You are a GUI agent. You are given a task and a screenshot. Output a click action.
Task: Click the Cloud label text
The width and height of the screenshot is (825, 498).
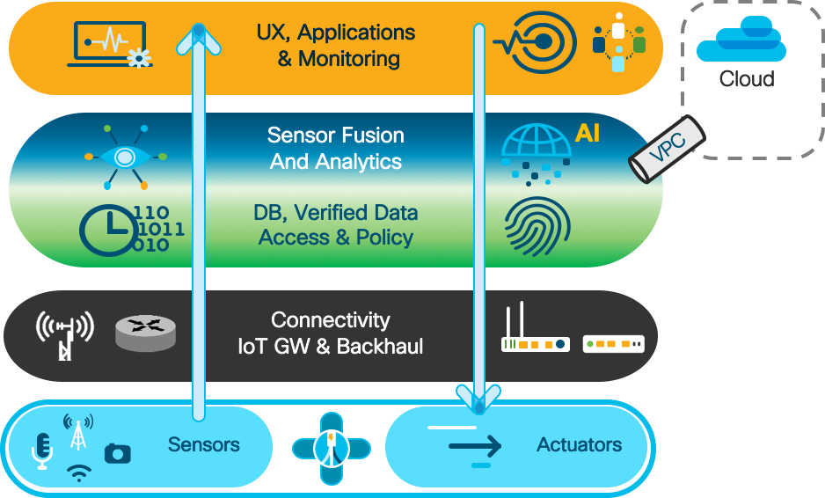(747, 79)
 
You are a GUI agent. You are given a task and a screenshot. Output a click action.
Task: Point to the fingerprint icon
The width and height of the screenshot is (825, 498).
(531, 226)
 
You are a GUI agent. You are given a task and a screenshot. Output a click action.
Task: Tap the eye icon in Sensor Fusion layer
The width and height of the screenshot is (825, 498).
(126, 157)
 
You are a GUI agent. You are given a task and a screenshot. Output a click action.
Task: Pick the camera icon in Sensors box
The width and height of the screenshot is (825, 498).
(117, 453)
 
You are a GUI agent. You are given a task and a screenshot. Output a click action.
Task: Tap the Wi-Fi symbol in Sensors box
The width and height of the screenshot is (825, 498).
(79, 473)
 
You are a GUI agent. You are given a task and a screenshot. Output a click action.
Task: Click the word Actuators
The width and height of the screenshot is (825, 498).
(579, 445)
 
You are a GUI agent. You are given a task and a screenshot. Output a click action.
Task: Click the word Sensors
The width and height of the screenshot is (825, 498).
(204, 445)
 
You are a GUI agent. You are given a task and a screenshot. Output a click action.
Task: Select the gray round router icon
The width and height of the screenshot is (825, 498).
(145, 334)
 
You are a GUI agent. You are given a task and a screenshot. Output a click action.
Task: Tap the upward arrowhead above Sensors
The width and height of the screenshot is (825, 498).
(198, 35)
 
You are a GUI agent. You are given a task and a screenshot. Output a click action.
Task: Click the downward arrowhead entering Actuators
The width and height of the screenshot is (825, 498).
(479, 400)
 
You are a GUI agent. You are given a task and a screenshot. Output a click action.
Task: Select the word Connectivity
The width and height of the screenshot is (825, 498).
(330, 320)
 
